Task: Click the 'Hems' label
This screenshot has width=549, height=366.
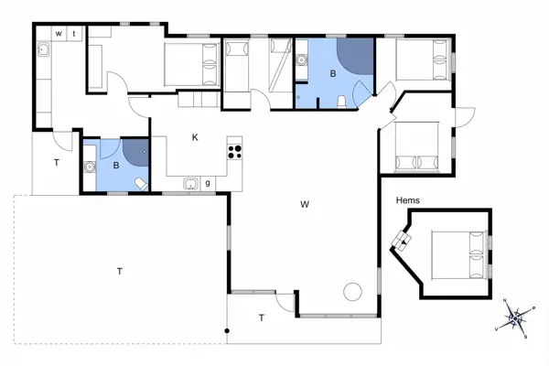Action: pos(407,199)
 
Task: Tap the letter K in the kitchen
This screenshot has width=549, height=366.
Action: pos(195,137)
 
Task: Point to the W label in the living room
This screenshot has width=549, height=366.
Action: pos(303,204)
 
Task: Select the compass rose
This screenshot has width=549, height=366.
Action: pos(515,318)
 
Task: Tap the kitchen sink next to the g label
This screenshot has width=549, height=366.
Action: pos(190,183)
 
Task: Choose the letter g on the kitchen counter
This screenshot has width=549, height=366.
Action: pos(208,183)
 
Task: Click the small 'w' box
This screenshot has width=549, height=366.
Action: pos(59,33)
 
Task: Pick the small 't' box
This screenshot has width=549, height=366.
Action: pos(74,33)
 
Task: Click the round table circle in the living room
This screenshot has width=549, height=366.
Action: pos(353,292)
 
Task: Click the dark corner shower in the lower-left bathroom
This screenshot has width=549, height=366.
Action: pos(136,150)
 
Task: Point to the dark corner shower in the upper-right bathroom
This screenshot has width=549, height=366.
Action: pos(359,56)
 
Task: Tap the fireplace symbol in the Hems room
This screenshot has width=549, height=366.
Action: pos(402,241)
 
